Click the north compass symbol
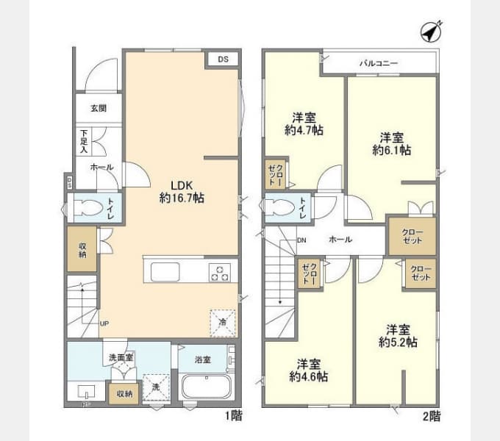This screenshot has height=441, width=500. coord(429,32)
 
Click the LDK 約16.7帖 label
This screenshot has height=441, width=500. coord(182,192)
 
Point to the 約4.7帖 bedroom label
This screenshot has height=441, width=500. coord(304,124)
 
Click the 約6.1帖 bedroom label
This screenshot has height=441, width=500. coord(391,144)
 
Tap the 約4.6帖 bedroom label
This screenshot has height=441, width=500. coord(308,370)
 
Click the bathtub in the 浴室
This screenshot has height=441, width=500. coord(206,387)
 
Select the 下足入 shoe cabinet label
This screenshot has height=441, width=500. coord(84,141)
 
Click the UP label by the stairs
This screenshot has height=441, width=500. coord(104,323)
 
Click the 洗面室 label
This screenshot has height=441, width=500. coord(121,357)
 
